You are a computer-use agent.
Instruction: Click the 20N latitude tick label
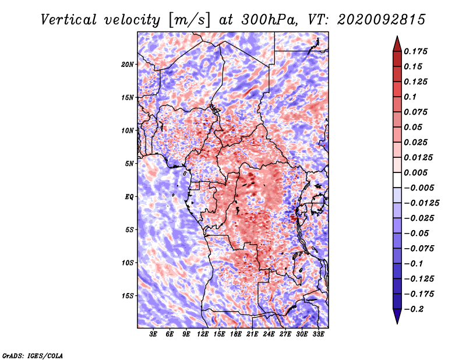[x=127, y=65]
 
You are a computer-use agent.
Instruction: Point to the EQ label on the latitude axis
[x=129, y=197]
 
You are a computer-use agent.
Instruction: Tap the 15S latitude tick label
[x=128, y=296]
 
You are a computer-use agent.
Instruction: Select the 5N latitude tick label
[x=129, y=164]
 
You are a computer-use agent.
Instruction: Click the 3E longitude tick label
[x=153, y=334]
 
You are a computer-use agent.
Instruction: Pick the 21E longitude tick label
[x=252, y=334]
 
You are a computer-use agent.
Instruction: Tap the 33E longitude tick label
[x=318, y=334]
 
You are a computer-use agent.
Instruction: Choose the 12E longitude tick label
[x=202, y=334]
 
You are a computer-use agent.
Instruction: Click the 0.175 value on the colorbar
[x=415, y=51]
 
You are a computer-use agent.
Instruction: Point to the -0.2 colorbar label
[x=414, y=309]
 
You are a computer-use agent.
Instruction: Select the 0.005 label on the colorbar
[x=415, y=172]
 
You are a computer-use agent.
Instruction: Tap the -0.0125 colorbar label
[x=421, y=203]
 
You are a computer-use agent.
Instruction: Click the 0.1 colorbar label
[x=410, y=97]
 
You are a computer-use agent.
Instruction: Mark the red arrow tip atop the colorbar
[x=397, y=36]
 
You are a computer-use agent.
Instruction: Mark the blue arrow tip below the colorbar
[x=397, y=323]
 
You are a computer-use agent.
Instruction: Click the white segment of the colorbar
[x=397, y=180]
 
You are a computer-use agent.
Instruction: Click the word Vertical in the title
[x=68, y=20]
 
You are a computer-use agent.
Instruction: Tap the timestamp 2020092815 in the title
[x=382, y=20]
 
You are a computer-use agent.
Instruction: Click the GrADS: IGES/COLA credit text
[x=33, y=355]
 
